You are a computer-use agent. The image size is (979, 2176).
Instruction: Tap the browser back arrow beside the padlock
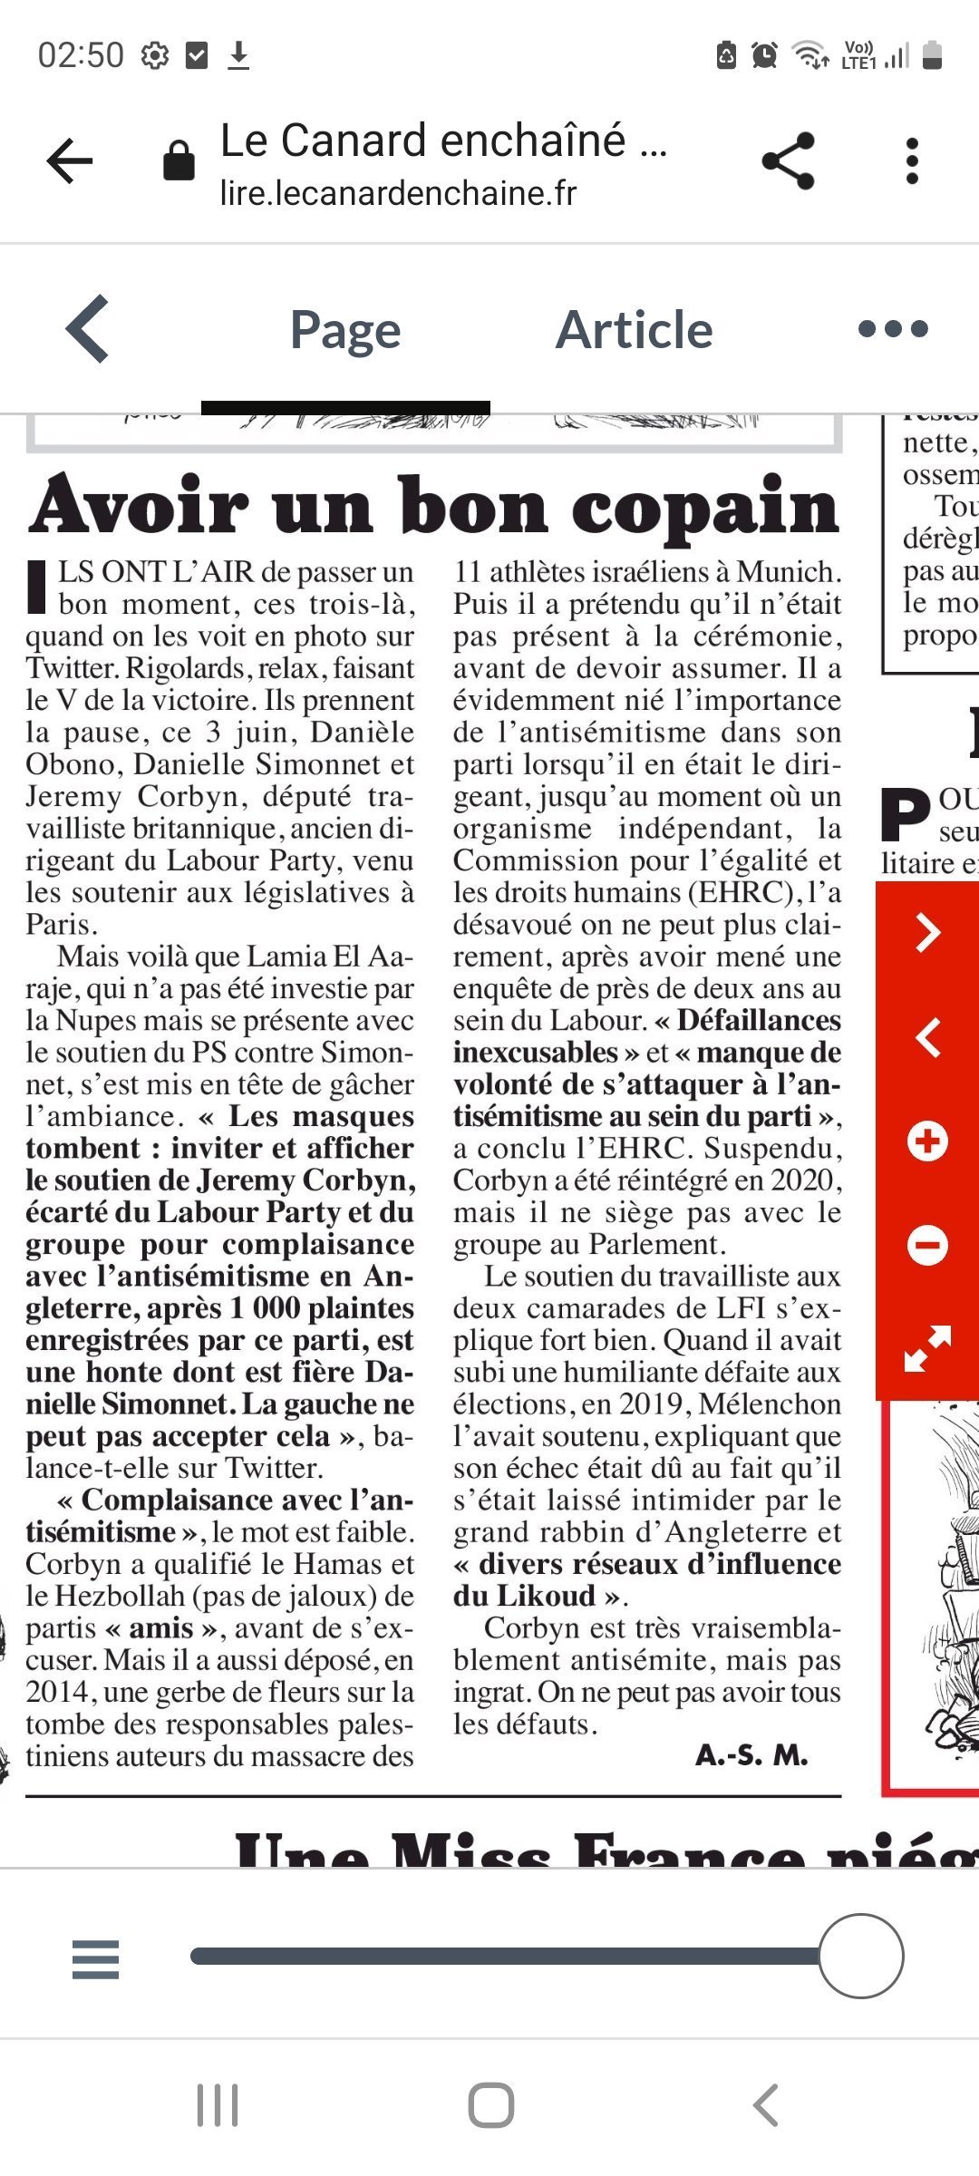pos(70,161)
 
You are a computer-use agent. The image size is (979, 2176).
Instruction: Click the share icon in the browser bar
pos(788,161)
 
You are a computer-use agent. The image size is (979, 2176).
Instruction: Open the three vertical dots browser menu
pos(912,161)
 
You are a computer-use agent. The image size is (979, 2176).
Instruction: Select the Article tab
pos(634,329)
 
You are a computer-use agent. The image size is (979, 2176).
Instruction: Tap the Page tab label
pos(345,331)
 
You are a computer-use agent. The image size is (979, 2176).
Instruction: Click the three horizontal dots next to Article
pos(893,328)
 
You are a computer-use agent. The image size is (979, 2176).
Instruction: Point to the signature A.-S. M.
pos(751,1755)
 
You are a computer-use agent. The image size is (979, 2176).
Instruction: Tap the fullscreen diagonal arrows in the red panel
pos(927,1348)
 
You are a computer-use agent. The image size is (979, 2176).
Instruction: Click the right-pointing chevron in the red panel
pos(927,933)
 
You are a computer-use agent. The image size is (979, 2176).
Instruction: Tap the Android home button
pos(490,2105)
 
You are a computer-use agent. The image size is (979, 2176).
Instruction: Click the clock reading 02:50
pos(81,55)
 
